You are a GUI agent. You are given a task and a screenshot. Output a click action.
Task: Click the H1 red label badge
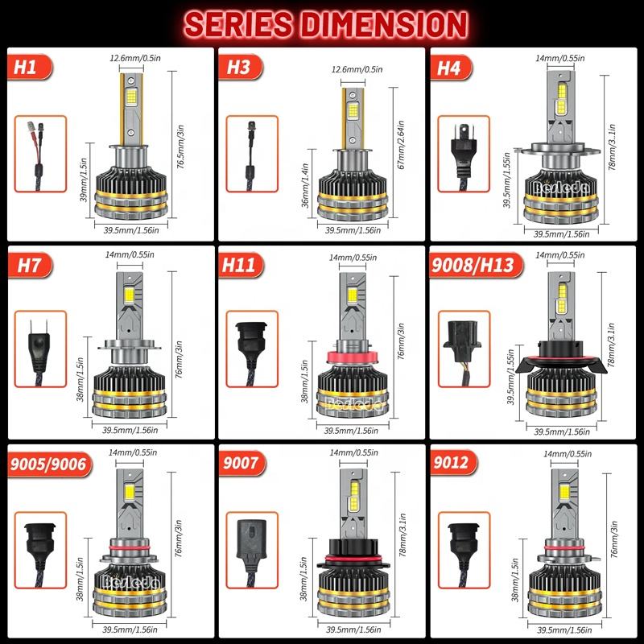[30, 67]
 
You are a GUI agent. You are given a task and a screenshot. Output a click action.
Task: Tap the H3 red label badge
[241, 67]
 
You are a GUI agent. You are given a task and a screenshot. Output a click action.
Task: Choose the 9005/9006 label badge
[49, 464]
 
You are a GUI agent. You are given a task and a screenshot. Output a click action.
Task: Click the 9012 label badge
[453, 463]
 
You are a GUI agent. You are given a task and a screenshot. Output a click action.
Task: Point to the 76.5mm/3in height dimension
[180, 147]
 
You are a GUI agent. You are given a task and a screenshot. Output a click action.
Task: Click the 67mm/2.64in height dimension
[401, 145]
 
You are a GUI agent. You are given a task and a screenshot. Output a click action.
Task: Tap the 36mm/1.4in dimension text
[305, 185]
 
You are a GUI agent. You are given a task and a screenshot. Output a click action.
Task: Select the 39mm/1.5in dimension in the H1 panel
[84, 180]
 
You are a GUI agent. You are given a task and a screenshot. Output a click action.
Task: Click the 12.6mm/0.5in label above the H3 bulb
[357, 69]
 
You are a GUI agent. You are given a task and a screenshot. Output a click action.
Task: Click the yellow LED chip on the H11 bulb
[352, 295]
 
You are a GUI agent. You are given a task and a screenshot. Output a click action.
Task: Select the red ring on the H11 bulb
[353, 357]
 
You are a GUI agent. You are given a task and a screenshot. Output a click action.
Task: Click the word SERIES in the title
[239, 24]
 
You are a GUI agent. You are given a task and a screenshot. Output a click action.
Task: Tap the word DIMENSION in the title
[385, 24]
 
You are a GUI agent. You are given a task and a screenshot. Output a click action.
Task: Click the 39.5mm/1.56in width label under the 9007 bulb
[353, 630]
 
